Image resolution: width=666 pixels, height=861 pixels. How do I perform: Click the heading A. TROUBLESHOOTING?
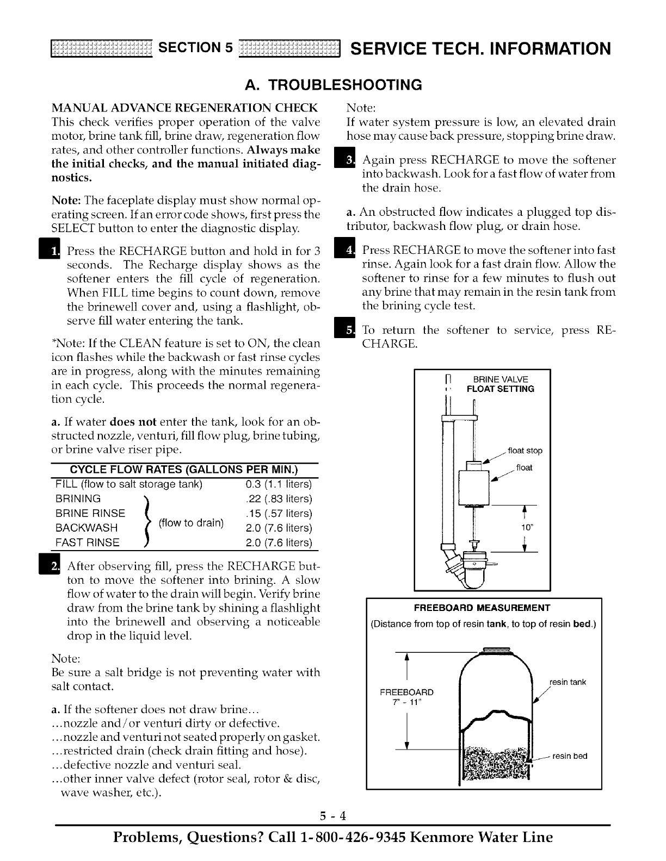click(x=333, y=85)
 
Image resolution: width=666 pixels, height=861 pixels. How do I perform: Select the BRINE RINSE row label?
click(x=90, y=514)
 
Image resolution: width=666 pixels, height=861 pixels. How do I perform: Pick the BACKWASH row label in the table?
click(x=87, y=528)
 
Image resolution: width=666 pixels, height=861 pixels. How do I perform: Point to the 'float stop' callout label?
click(x=525, y=451)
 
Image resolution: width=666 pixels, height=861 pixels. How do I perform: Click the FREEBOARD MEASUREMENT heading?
click(x=482, y=608)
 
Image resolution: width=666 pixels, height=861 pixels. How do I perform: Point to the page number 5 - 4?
click(x=333, y=816)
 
